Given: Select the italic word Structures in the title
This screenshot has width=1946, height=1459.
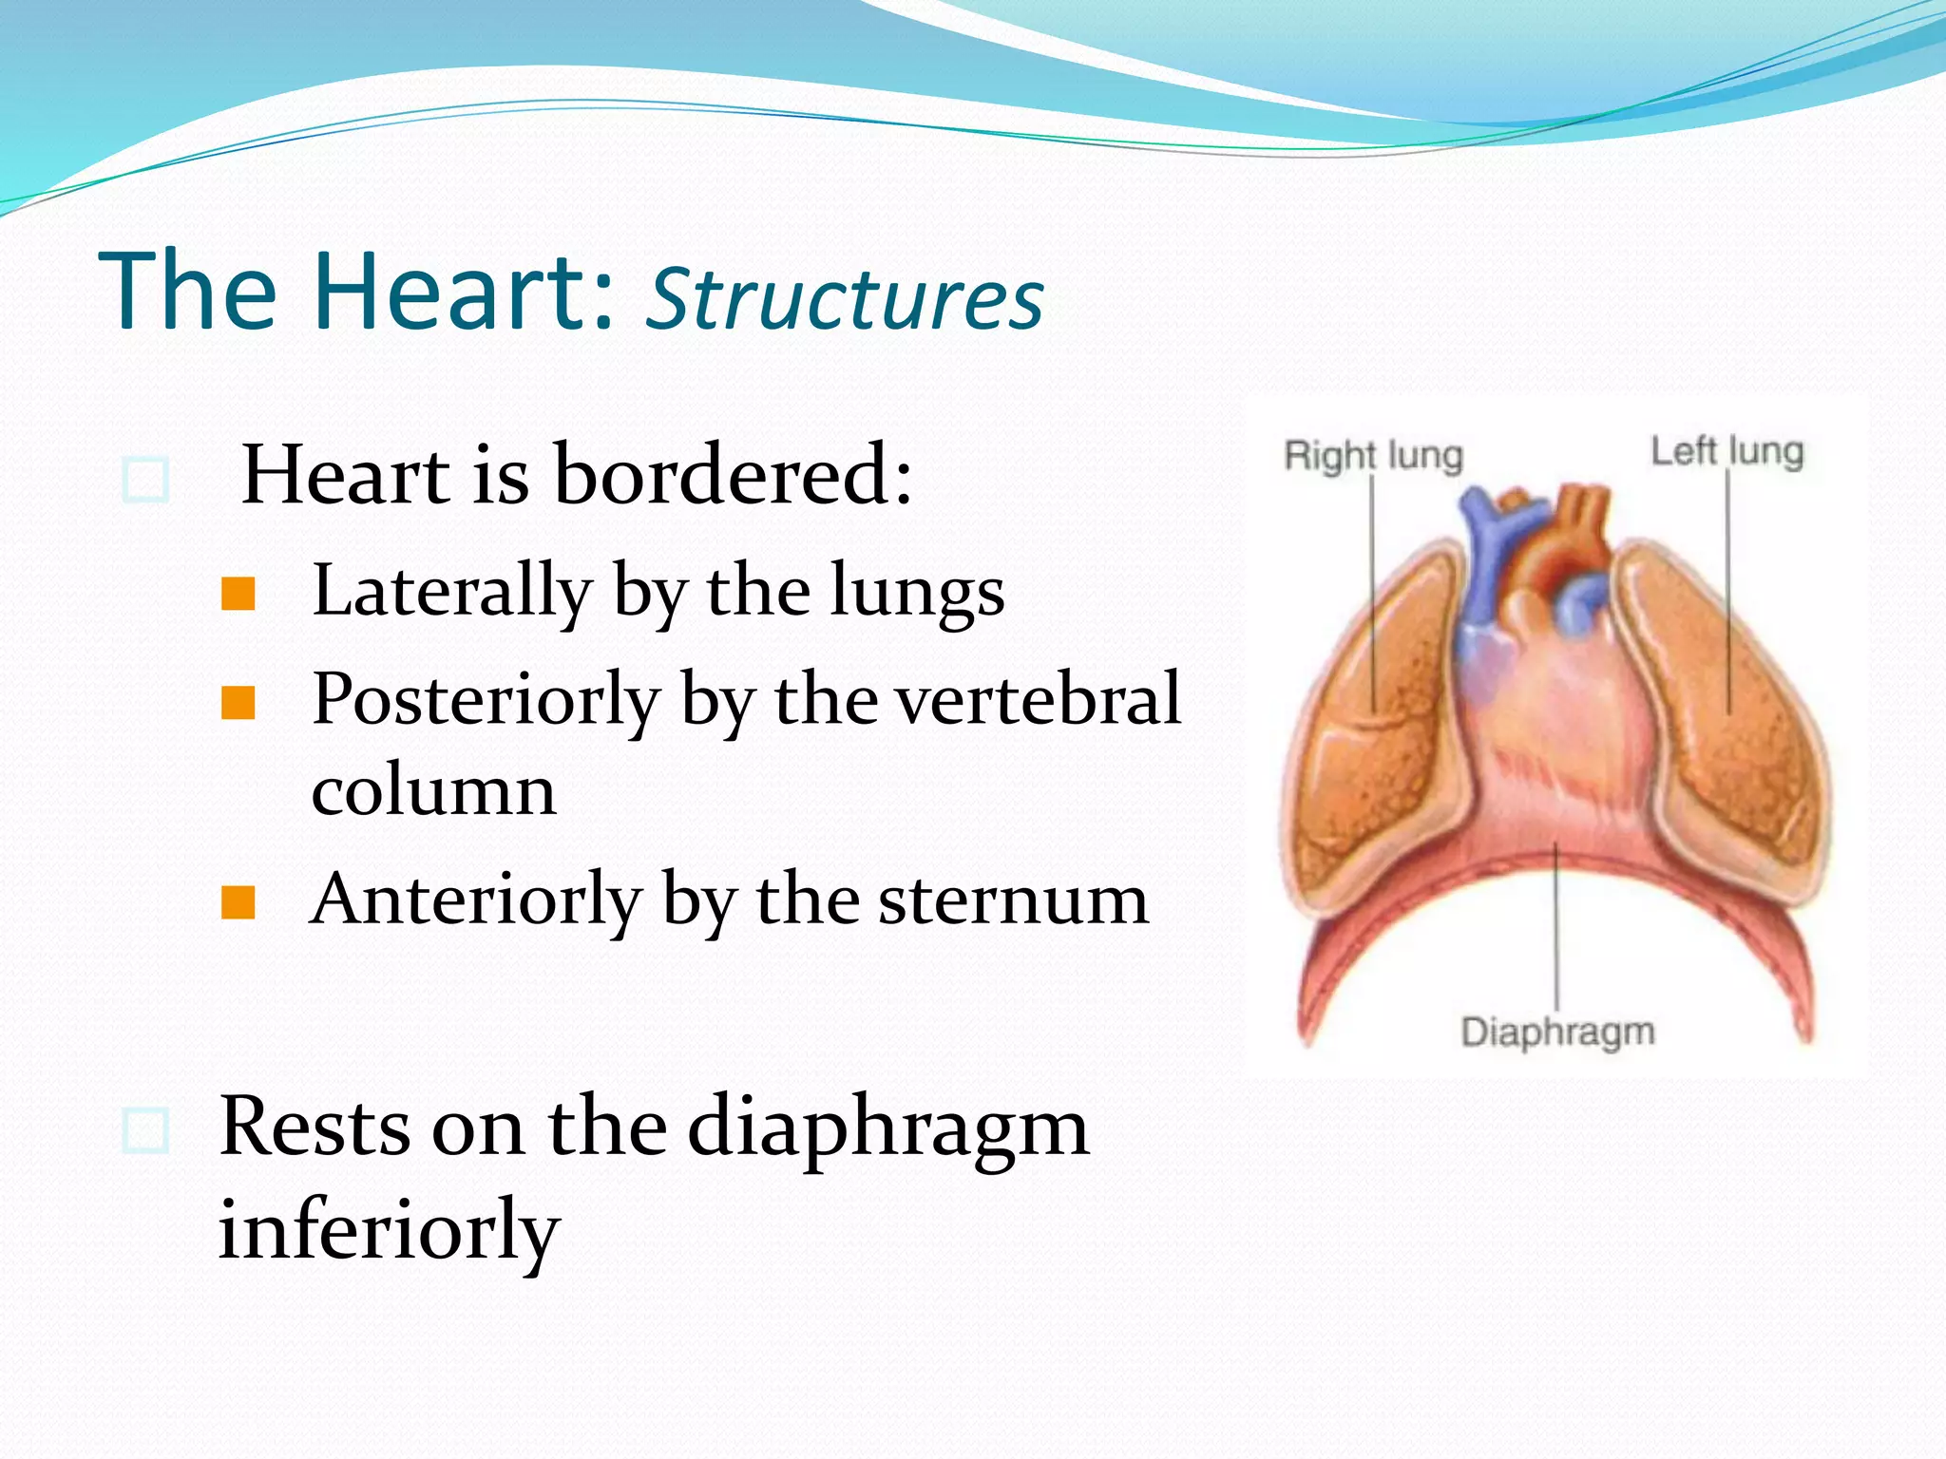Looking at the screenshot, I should pos(844,300).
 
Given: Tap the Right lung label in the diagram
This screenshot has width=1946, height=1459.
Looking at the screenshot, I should pos(1373,455).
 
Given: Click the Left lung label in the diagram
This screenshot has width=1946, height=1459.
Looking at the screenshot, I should pos(1727,451).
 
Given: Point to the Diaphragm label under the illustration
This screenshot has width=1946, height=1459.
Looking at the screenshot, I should pos(1557,1031).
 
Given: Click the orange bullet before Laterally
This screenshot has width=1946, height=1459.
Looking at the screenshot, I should pos(238,595).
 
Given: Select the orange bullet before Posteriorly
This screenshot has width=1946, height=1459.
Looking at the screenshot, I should pos(238,704).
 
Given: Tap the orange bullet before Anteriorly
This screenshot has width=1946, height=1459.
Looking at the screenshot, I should pos(238,903).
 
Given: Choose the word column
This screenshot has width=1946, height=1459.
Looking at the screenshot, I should pos(433,790).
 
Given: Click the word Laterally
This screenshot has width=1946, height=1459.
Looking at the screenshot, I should pos(452,591).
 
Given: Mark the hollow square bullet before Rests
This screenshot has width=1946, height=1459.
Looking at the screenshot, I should pos(146,1130).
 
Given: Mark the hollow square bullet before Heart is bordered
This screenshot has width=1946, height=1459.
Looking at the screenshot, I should pos(146,480).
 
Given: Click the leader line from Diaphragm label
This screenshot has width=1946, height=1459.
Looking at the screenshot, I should pos(1556,931).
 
